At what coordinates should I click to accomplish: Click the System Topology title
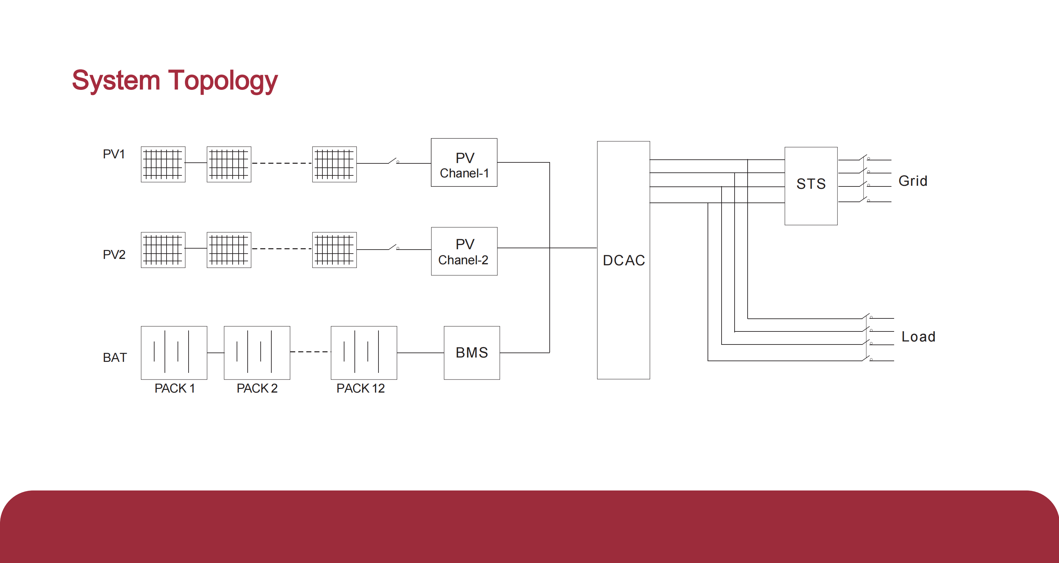click(175, 80)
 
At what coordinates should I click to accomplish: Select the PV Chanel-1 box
click(464, 163)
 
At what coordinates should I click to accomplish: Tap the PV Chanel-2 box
click(464, 251)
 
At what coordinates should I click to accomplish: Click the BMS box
click(472, 353)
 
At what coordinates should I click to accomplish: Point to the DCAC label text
click(623, 260)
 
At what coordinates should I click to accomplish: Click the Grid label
click(912, 181)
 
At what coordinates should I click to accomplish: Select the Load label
click(918, 337)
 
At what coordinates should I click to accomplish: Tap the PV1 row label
click(113, 154)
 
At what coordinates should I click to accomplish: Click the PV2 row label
click(114, 254)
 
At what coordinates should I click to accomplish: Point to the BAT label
click(115, 357)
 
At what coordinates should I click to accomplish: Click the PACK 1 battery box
click(174, 353)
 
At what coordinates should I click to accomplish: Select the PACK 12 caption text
click(360, 388)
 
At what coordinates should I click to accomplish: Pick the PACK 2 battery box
click(257, 353)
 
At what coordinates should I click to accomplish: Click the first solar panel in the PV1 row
click(163, 164)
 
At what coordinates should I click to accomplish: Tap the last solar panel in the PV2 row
click(334, 250)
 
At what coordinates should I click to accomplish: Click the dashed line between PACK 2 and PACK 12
click(310, 352)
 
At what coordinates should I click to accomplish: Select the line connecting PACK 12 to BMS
click(420, 353)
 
